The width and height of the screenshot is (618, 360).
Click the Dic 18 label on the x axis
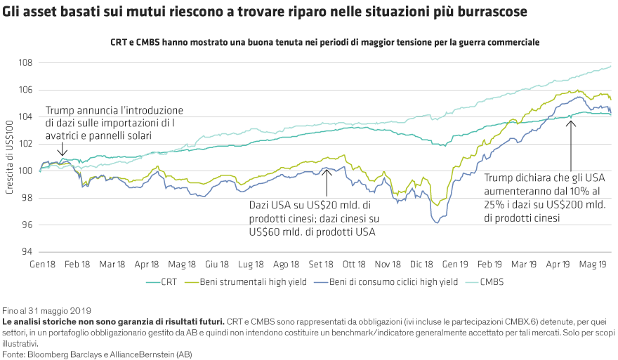pos(423,265)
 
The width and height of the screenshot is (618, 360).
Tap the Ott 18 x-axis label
pos(354,265)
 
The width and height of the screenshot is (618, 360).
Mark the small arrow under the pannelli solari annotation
pos(63,149)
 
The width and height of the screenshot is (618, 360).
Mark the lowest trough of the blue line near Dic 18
pos(438,222)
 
